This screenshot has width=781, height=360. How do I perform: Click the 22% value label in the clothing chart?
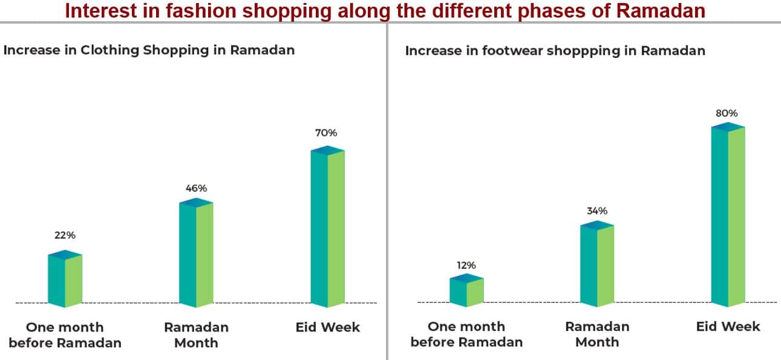click(65, 235)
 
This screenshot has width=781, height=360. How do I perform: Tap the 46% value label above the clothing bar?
click(196, 188)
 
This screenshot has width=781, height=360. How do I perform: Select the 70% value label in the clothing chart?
click(326, 133)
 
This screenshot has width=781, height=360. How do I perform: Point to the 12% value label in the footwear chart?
click(466, 266)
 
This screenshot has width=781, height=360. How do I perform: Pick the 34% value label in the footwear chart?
click(597, 211)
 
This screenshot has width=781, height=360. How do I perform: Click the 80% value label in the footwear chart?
click(727, 113)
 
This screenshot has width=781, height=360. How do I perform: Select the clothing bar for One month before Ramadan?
click(65, 279)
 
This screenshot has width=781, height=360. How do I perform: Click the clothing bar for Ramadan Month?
click(196, 252)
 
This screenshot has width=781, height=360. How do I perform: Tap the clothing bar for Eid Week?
click(328, 227)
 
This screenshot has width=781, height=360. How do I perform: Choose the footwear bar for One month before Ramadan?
click(466, 290)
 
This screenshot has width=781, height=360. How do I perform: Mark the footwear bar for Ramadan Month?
click(597, 264)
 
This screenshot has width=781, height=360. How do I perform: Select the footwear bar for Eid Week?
click(728, 215)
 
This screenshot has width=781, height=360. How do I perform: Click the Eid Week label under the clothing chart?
click(328, 327)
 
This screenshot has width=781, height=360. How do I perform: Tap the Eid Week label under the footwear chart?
click(728, 327)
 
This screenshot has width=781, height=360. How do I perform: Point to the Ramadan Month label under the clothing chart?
click(196, 335)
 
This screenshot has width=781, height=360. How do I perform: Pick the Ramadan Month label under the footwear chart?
click(597, 334)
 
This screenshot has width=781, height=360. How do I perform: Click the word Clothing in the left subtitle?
click(110, 50)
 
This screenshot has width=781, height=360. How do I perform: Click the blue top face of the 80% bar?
click(728, 127)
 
